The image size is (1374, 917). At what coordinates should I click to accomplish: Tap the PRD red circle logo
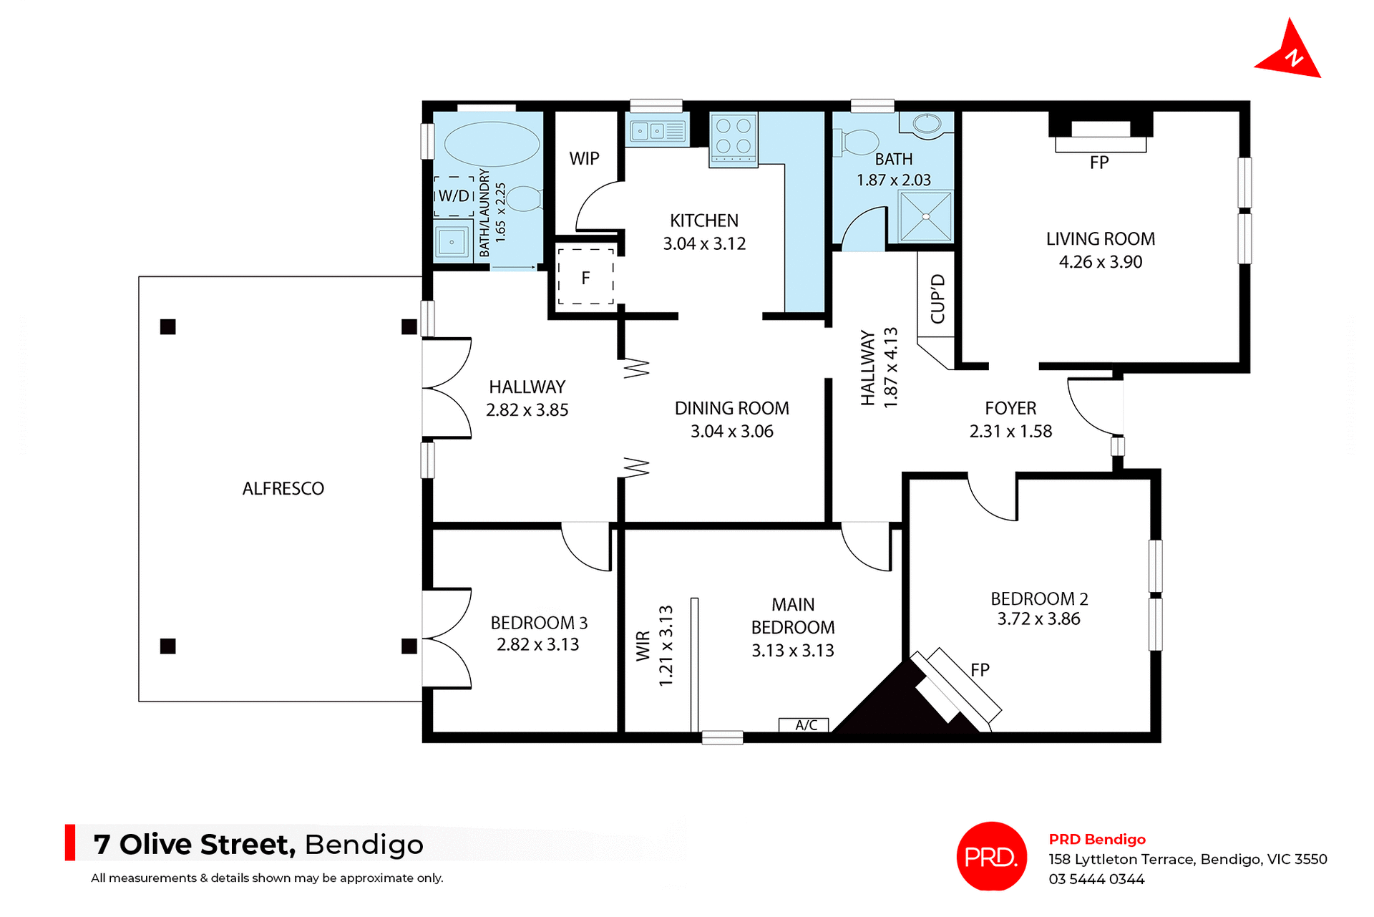point(991,856)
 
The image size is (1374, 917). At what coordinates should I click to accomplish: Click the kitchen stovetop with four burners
point(734,137)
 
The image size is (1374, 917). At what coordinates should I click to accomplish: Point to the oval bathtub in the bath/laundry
point(492,144)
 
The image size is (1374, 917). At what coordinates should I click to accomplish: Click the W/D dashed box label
point(454,196)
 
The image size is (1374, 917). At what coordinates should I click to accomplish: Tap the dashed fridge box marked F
point(585,278)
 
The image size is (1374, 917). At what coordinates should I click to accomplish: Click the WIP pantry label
point(584,159)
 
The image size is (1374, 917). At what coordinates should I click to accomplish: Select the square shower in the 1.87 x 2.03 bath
point(926,216)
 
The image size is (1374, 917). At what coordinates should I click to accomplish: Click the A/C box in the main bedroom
point(805,725)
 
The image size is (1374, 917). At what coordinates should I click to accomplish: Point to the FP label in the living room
point(1099,163)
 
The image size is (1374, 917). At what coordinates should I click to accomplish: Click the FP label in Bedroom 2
point(980,670)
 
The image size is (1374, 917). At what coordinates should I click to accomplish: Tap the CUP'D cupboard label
point(937,299)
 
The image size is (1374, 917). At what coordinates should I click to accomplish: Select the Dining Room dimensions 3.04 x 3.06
point(731,432)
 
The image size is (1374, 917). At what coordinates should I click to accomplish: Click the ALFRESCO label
point(283,489)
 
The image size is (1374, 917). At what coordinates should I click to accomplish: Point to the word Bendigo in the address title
point(364,845)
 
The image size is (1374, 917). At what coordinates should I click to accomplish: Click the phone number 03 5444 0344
point(1096,879)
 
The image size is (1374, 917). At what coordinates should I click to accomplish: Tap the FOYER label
point(1010,408)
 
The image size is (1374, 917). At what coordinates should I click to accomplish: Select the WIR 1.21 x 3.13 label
point(654,646)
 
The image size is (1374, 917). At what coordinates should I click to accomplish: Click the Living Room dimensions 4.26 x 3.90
point(1100,262)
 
